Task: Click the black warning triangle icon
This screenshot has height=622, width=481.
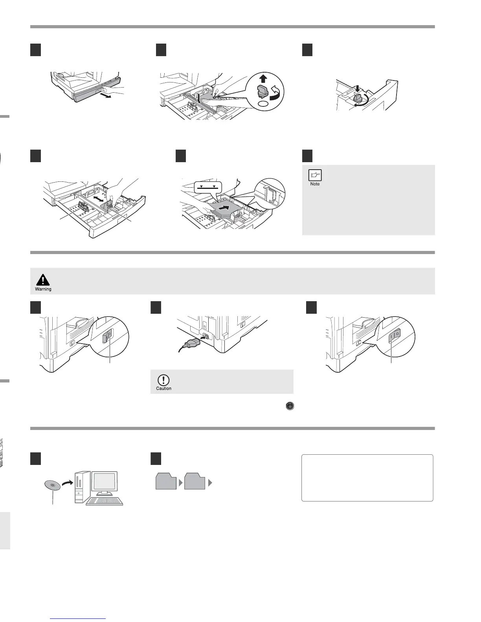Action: pyautogui.click(x=43, y=280)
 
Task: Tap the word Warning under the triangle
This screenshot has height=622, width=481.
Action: pyautogui.click(x=43, y=289)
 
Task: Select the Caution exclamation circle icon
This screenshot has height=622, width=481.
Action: pyautogui.click(x=163, y=380)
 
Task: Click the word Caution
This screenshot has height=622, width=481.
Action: pyautogui.click(x=164, y=388)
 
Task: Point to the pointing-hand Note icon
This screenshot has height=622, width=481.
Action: pyautogui.click(x=315, y=175)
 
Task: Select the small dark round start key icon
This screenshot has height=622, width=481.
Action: pyautogui.click(x=290, y=406)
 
